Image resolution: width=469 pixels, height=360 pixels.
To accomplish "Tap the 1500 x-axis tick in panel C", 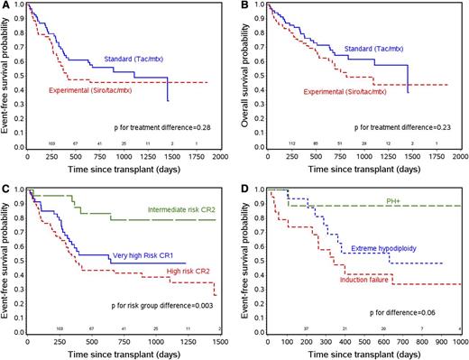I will [222, 341].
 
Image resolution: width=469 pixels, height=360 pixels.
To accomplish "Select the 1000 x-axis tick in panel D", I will [459, 341].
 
